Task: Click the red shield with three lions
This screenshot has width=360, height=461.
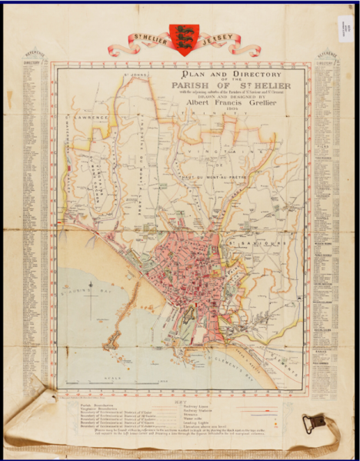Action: pyautogui.click(x=182, y=35)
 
